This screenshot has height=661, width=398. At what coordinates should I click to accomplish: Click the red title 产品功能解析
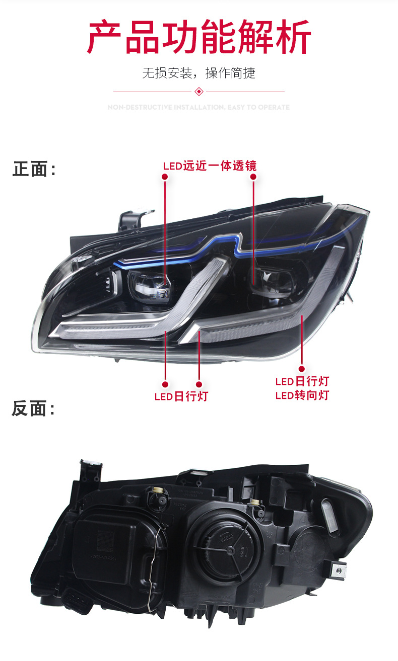point(199,37)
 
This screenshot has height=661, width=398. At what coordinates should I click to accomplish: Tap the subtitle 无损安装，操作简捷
point(199,73)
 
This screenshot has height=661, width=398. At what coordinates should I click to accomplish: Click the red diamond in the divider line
point(199,92)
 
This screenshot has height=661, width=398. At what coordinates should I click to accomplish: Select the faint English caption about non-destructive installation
point(199,107)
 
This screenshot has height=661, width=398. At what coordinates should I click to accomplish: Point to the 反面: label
point(33,409)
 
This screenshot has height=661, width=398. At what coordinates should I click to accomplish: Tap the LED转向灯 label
point(302,395)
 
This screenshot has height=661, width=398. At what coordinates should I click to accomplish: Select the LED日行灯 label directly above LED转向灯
point(302,381)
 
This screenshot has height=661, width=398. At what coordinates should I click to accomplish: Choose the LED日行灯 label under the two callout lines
point(181,396)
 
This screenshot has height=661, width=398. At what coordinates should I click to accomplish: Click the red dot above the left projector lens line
point(165,177)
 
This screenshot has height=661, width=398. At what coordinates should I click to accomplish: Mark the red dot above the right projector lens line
point(253,177)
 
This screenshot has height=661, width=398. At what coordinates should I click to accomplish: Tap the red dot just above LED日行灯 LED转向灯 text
point(302,369)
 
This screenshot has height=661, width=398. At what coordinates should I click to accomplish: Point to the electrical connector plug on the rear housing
point(78,599)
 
